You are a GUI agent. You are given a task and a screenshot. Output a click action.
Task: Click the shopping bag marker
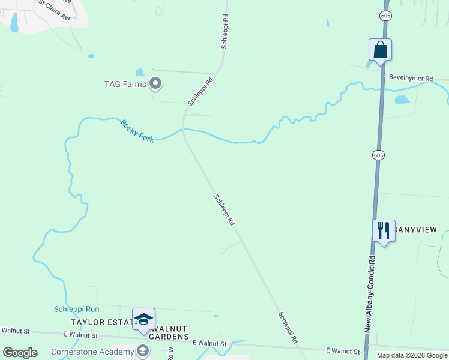[380, 50]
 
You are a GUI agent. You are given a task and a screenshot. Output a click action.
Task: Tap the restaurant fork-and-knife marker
[384, 231]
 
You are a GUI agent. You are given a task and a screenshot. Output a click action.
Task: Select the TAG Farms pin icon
[155, 84]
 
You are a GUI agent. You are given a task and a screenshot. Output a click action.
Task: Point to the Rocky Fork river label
[137, 131]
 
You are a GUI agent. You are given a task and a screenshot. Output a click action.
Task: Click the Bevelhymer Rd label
[411, 79]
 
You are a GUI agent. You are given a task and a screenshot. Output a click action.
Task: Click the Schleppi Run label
[76, 309]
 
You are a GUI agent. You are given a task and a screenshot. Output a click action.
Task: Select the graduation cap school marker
[143, 319]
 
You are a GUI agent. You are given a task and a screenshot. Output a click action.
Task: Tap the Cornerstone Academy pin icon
[143, 351]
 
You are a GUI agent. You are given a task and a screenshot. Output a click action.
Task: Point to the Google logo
[20, 353]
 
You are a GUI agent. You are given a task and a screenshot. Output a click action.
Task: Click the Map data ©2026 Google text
[411, 355]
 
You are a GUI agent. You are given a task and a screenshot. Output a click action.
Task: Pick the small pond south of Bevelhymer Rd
[402, 100]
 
